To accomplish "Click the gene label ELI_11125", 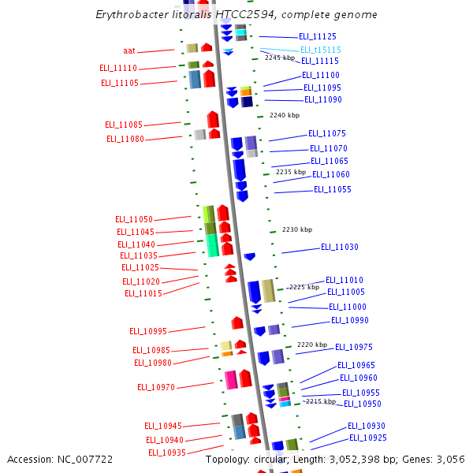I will [318, 37].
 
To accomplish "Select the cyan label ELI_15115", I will [320, 50].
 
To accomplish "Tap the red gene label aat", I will [129, 50].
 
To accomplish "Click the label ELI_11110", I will [118, 69].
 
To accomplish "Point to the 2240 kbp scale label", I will [285, 115].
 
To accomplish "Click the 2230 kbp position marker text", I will [297, 229].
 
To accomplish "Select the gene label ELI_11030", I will [339, 248].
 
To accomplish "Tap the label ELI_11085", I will [124, 125].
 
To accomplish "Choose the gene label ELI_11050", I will [134, 219].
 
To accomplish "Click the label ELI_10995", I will [148, 331].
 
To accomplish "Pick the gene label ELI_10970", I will [156, 387].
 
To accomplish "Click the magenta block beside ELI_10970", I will [231, 379].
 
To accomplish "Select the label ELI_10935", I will [167, 453].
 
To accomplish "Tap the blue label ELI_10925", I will [367, 438].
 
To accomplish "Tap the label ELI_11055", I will [332, 189].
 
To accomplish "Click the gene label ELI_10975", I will [353, 347].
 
